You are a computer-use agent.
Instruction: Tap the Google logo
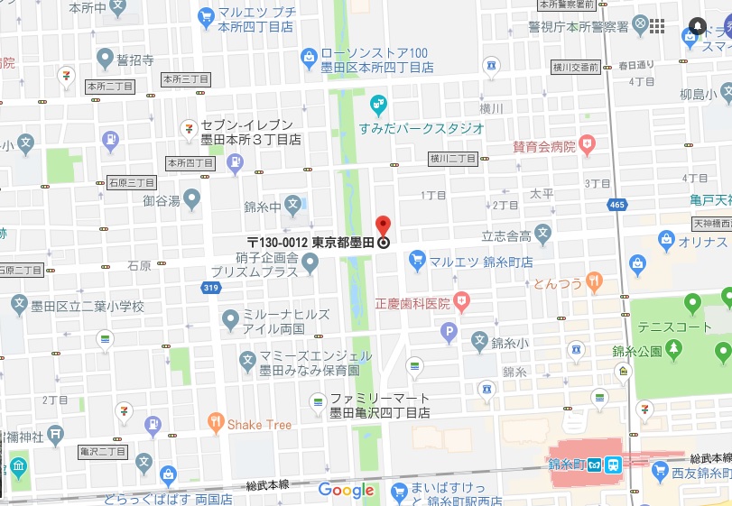pos(346,491)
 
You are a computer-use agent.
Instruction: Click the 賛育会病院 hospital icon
pos(588,144)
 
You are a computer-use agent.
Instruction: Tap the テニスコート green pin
pos(692,301)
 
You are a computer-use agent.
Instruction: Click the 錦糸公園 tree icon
pos(673,350)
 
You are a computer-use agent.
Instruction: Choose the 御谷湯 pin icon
pos(191,198)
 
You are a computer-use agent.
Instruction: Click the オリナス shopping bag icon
pos(666,240)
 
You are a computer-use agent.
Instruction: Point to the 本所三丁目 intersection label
pos(187,80)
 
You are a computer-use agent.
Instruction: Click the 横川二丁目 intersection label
pos(453,159)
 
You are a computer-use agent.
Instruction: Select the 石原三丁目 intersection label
pos(133,183)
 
